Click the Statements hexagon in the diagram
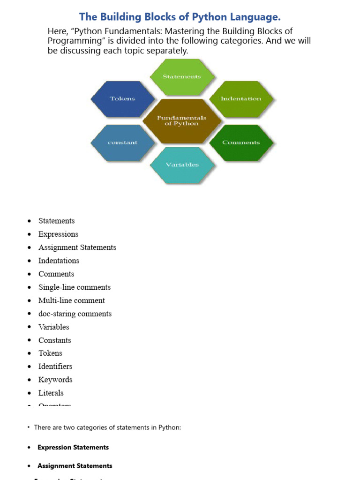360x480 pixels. click(x=182, y=76)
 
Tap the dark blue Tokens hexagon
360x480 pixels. click(x=122, y=98)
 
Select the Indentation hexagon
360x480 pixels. click(x=241, y=98)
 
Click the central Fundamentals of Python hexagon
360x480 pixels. click(x=181, y=120)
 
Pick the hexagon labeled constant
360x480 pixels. click(x=122, y=142)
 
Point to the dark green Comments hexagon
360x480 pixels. click(x=241, y=142)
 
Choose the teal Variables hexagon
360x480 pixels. click(x=182, y=165)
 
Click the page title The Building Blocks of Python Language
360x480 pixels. click(x=180, y=17)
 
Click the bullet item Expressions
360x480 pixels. click(x=58, y=234)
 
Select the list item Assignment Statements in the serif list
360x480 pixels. click(x=77, y=247)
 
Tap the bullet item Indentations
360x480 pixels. click(x=59, y=261)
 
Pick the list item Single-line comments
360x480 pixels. click(x=75, y=287)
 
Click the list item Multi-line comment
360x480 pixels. click(x=71, y=300)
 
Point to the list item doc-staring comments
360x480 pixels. click(x=75, y=314)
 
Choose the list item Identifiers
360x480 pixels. click(x=55, y=366)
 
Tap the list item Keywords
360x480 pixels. click(x=55, y=380)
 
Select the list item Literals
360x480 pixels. click(x=51, y=393)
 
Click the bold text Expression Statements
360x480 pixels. click(x=73, y=447)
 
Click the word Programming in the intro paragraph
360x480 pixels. click(x=74, y=41)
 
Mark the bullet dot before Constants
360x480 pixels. click(x=30, y=340)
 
